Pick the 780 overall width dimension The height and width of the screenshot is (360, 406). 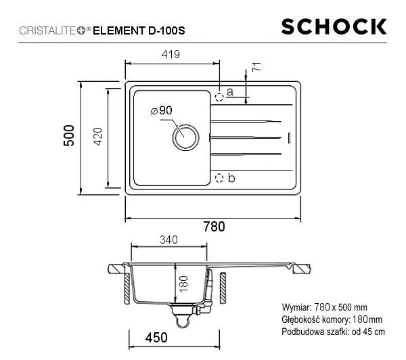[x=214, y=227]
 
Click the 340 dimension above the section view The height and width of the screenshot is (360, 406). [x=169, y=239]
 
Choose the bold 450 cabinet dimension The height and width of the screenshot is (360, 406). [x=156, y=336]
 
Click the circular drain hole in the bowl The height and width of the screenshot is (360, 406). [x=184, y=137]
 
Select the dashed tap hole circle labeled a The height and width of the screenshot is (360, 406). [x=219, y=96]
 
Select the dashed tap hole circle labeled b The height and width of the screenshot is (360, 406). [x=219, y=178]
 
